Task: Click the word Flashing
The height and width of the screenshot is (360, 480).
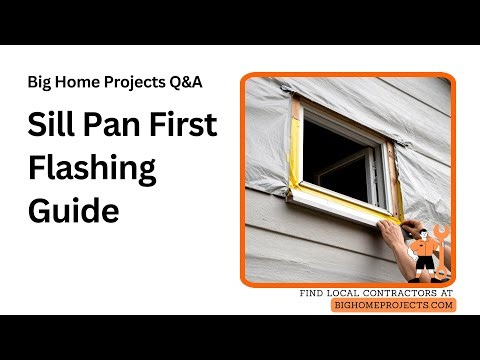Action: (91, 170)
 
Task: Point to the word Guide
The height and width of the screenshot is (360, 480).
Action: (72, 211)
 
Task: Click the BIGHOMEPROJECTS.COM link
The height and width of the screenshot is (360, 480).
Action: (393, 305)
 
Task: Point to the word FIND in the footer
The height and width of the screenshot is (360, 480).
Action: (313, 293)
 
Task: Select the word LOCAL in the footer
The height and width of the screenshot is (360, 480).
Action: (345, 293)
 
